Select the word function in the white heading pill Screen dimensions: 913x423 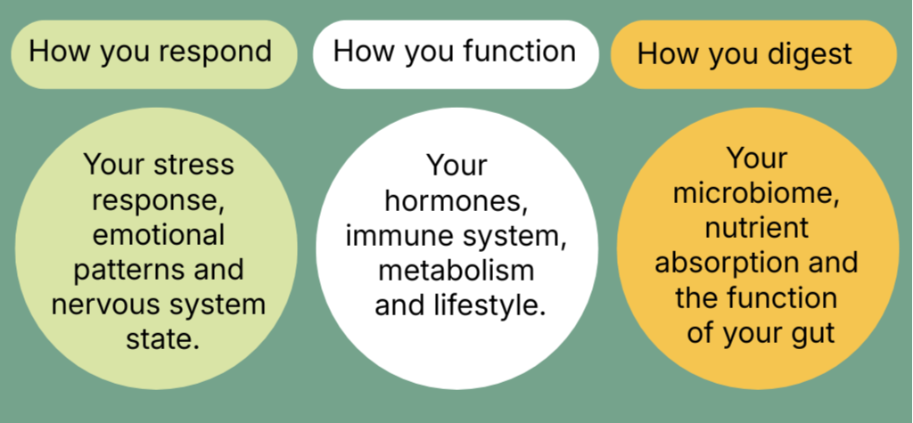click(519, 51)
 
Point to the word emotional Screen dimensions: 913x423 click(159, 235)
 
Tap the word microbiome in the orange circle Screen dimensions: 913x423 click(757, 193)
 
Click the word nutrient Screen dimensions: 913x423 click(757, 228)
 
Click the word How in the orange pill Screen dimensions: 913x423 click(665, 54)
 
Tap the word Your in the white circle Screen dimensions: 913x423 click(456, 166)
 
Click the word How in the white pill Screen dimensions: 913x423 click(361, 51)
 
